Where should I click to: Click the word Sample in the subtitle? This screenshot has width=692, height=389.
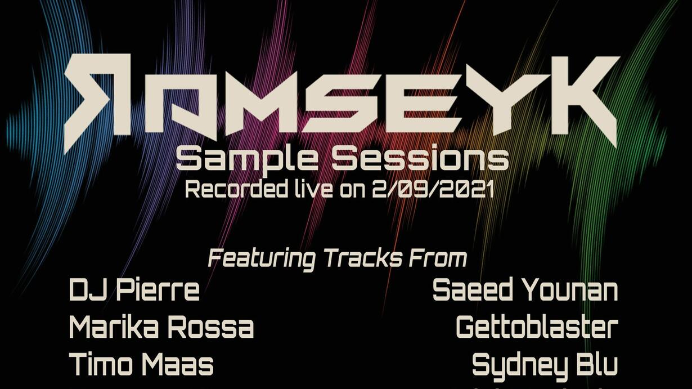tap(246, 159)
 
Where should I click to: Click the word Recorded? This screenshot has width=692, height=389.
tap(235, 189)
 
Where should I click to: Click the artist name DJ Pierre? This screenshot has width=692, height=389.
tap(134, 290)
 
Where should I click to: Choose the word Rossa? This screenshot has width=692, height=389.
tap(212, 328)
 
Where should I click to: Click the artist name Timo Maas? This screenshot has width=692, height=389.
tap(141, 364)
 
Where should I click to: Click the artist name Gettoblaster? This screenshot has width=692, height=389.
tap(537, 328)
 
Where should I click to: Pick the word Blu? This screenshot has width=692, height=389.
tap(594, 364)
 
